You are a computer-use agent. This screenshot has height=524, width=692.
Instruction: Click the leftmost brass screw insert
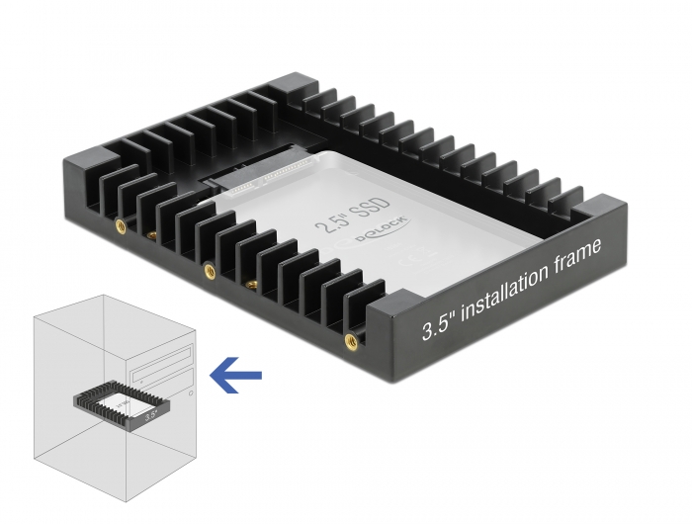119,224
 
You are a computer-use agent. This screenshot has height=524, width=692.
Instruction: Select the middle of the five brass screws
208,269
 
